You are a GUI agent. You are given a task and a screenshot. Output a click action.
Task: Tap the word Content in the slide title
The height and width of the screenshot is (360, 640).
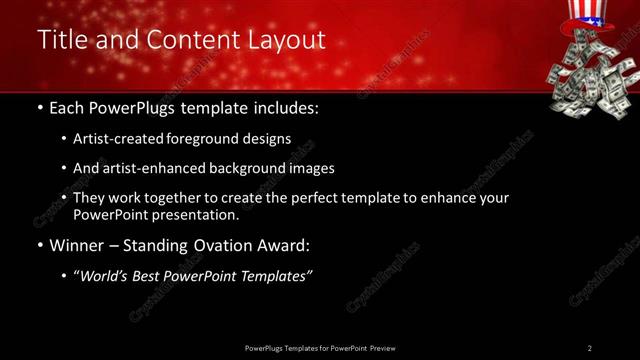(x=194, y=40)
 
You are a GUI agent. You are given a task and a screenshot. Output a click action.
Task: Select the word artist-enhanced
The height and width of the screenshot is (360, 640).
(x=149, y=168)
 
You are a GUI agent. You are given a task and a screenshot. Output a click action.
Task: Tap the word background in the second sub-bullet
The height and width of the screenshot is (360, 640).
(x=252, y=168)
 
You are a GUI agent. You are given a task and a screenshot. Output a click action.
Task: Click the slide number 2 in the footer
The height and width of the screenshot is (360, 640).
(x=590, y=348)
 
